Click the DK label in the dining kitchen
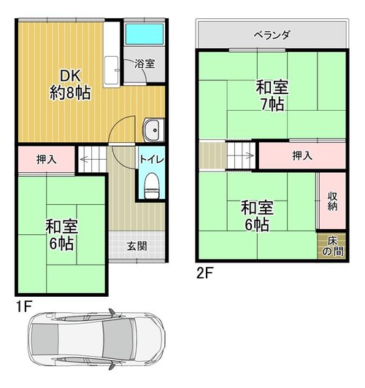(x=71, y=76)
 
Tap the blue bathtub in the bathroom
(x=144, y=34)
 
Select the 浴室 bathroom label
(x=145, y=64)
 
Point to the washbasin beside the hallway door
(x=153, y=130)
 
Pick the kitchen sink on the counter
(x=111, y=70)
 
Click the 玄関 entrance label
(x=137, y=247)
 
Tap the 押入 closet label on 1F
(x=47, y=160)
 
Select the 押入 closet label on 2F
(x=302, y=155)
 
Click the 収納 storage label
(x=333, y=201)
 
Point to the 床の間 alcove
(x=332, y=247)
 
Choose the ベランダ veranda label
(x=272, y=35)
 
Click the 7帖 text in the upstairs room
(x=272, y=104)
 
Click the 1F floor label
(x=24, y=307)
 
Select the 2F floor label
(x=204, y=273)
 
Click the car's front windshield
(x=118, y=339)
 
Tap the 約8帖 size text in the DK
(x=70, y=93)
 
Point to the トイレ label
(x=152, y=159)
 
